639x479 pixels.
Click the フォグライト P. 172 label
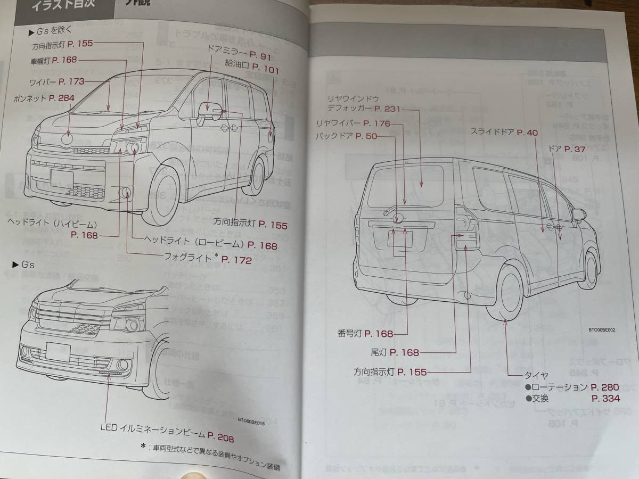pyautogui.click(x=208, y=259)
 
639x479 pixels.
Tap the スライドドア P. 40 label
pyautogui.click(x=504, y=133)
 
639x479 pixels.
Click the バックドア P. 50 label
pyautogui.click(x=354, y=136)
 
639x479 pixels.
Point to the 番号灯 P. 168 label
pyautogui.click(x=365, y=334)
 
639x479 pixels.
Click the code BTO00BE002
pyautogui.click(x=602, y=330)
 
